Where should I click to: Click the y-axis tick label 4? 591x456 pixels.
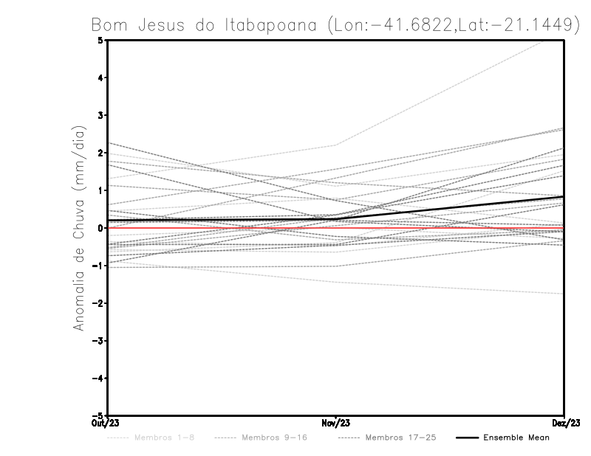point(100,77)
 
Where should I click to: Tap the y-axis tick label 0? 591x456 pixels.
point(100,228)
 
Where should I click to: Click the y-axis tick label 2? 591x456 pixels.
point(100,153)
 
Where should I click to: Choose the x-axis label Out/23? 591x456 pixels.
point(106,423)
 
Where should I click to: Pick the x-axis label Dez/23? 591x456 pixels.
point(564,423)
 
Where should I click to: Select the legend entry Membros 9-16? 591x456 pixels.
point(274,438)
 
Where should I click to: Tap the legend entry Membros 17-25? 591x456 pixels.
point(401,438)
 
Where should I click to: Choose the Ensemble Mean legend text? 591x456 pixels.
point(516,438)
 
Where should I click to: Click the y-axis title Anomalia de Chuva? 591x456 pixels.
point(79,228)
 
